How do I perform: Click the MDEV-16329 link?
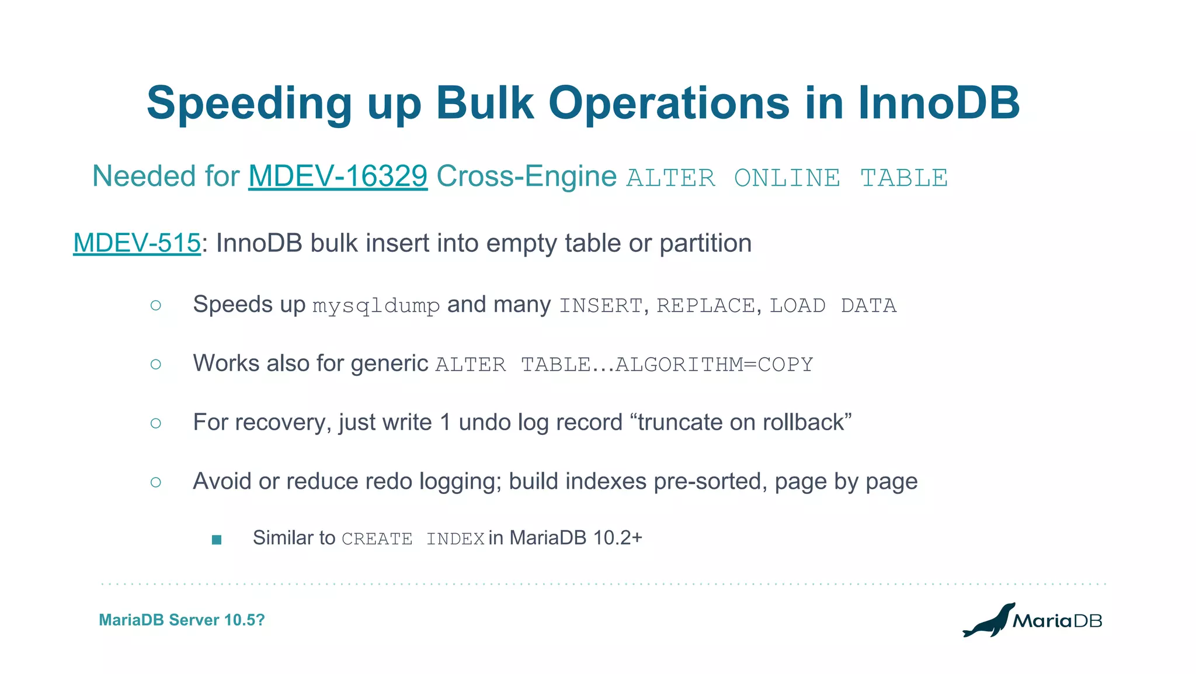pyautogui.click(x=338, y=177)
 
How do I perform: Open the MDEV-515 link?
pyautogui.click(x=137, y=243)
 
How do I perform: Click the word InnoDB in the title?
pyautogui.click(x=938, y=103)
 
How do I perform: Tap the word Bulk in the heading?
pyautogui.click(x=484, y=103)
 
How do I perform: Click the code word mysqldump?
pyautogui.click(x=376, y=306)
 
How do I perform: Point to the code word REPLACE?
pyautogui.click(x=705, y=306)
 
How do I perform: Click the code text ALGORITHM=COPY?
pyautogui.click(x=714, y=365)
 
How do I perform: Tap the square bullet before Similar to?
pyautogui.click(x=217, y=540)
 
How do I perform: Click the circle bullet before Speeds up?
pyautogui.click(x=155, y=305)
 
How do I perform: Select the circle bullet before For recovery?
pyautogui.click(x=155, y=423)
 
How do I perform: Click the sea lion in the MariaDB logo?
pyautogui.click(x=989, y=621)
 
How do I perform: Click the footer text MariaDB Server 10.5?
pyautogui.click(x=182, y=620)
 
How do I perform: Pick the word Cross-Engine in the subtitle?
pyautogui.click(x=526, y=177)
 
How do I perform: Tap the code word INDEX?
pyautogui.click(x=455, y=539)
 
